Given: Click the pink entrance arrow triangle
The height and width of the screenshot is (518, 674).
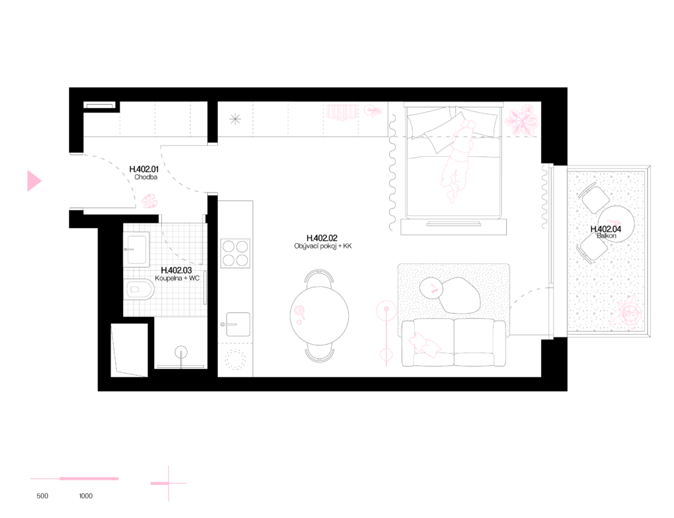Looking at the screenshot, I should click(x=34, y=181).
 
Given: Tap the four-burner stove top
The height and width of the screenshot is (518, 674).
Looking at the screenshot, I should click(x=235, y=254).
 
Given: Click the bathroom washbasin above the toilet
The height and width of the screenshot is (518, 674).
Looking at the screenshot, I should click(x=136, y=249).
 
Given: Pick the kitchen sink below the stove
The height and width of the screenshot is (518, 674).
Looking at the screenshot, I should click(x=237, y=324).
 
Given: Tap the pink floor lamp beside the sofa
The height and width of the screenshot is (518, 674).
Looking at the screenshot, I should click(x=386, y=333).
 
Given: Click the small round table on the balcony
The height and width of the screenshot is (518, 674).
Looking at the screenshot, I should click(x=617, y=224).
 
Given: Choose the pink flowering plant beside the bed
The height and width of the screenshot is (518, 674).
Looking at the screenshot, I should click(x=522, y=121).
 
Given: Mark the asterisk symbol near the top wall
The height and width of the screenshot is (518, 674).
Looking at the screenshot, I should click(x=235, y=119).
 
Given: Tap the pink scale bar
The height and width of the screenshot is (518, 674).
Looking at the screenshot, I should click(x=74, y=478).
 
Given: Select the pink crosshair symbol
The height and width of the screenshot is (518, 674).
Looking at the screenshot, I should click(x=168, y=484).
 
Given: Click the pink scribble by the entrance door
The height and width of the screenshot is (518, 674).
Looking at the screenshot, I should click(x=149, y=201).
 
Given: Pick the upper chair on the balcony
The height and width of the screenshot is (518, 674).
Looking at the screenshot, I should click(x=594, y=198).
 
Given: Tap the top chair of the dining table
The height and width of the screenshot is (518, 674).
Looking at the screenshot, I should click(x=319, y=276).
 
